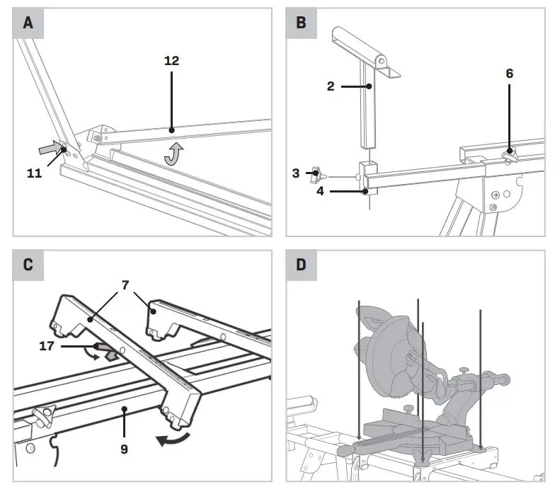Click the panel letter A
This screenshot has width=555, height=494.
28,23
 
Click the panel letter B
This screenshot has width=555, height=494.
301,23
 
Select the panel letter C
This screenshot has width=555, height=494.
28,265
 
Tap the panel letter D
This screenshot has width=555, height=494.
301,265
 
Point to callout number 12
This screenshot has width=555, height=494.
171,61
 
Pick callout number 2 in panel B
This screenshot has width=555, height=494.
331,86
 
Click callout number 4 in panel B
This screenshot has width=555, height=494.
320,190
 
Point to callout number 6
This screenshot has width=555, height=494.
509,73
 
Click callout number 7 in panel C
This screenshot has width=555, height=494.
127,285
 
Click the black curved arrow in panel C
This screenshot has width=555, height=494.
174,438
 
